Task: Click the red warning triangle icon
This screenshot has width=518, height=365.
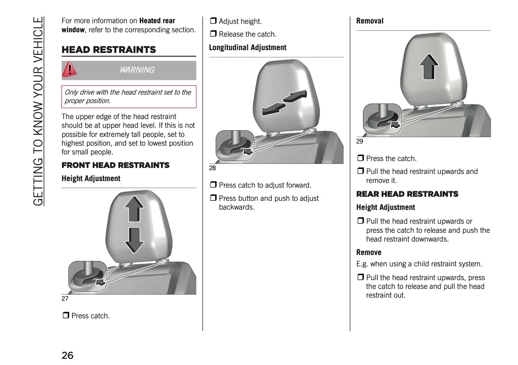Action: (x=69, y=70)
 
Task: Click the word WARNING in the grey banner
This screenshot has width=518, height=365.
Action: (x=137, y=70)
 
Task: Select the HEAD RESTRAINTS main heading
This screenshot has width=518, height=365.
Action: (x=109, y=50)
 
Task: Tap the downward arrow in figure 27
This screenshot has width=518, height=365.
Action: (x=134, y=240)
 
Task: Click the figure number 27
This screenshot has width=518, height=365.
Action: (x=65, y=299)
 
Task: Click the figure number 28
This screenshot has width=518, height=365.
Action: (x=212, y=168)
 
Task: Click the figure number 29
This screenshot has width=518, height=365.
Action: (x=360, y=142)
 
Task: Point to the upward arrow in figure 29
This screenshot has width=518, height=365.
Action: (x=429, y=67)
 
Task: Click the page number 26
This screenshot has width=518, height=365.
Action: (x=67, y=355)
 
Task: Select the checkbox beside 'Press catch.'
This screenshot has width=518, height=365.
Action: (x=66, y=315)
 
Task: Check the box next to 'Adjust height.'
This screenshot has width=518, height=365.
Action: (x=213, y=21)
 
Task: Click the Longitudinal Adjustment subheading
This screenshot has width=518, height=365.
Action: (x=247, y=48)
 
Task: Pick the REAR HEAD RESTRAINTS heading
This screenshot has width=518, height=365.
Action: (x=407, y=194)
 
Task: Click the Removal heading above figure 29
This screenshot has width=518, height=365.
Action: (x=370, y=21)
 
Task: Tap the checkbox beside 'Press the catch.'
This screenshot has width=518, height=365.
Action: (x=361, y=158)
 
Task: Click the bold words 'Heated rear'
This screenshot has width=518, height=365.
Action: (x=157, y=21)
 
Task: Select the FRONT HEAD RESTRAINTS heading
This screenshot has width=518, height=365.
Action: (x=115, y=165)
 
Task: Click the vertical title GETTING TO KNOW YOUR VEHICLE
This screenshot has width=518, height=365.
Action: (x=38, y=111)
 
